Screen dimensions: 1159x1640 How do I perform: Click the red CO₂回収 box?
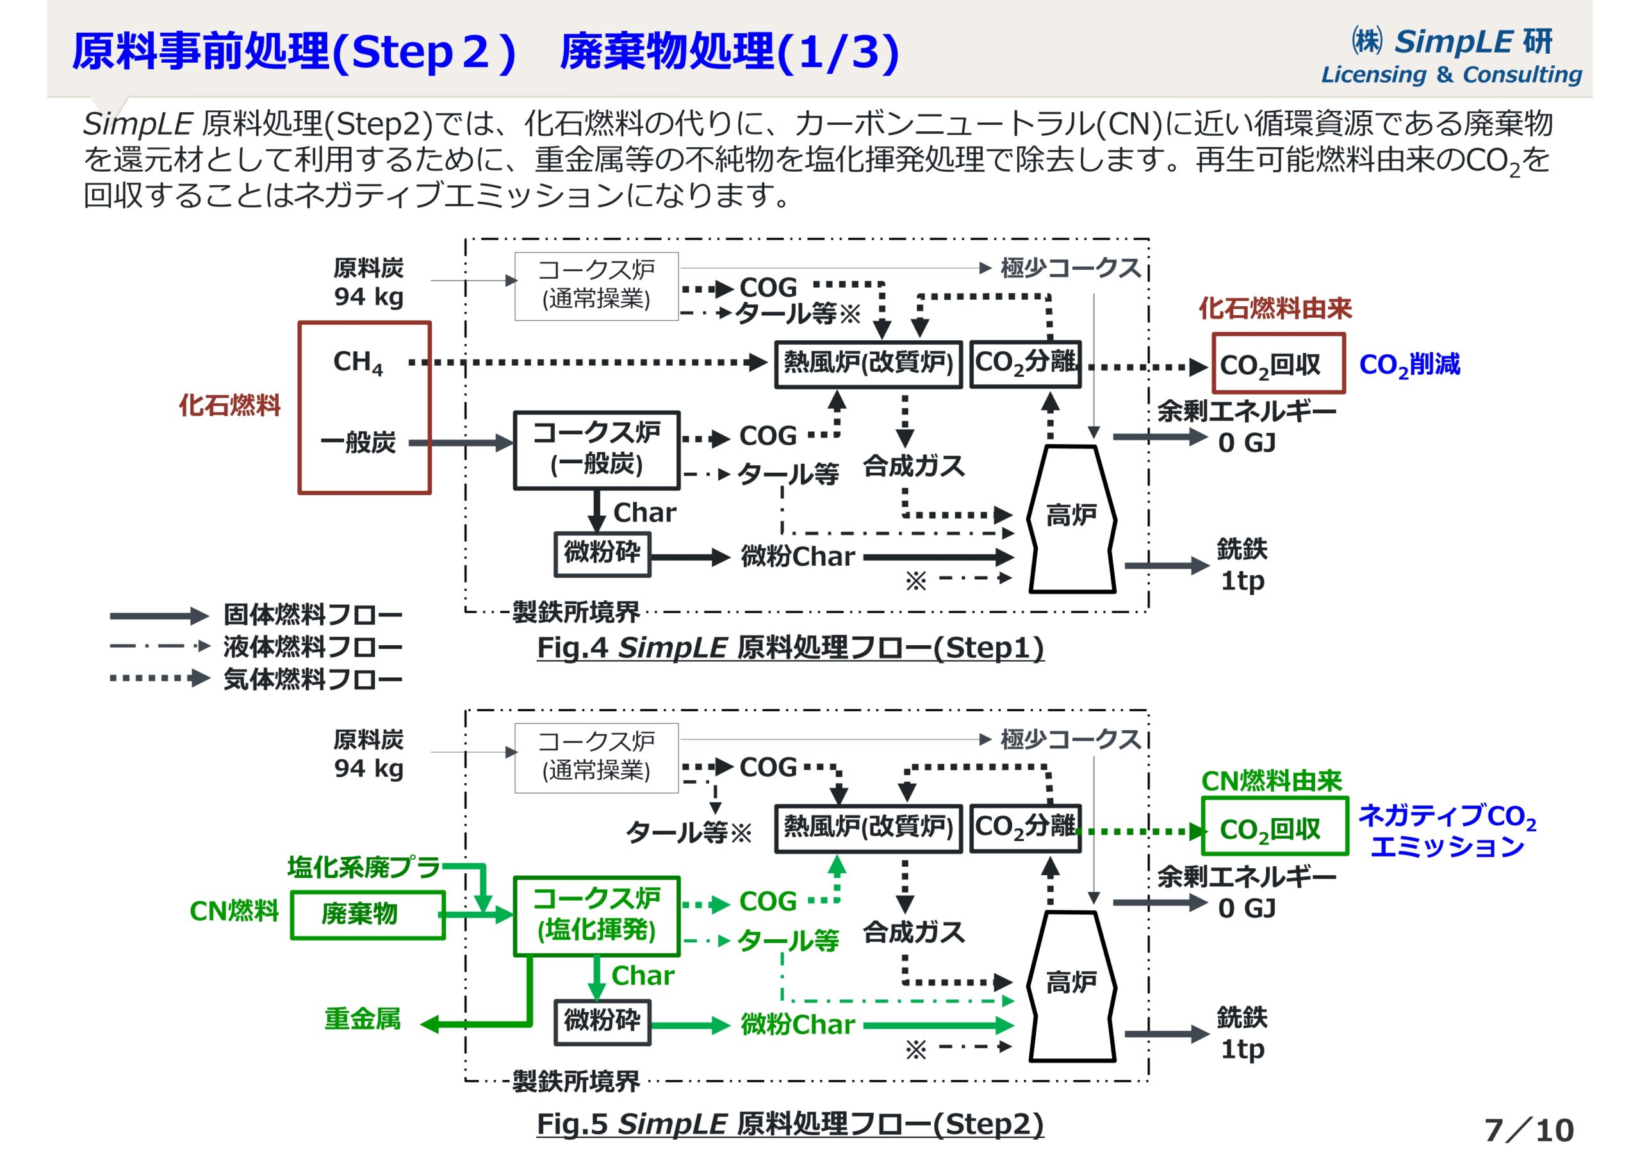point(1278,364)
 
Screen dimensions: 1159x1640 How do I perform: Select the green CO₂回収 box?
point(1274,826)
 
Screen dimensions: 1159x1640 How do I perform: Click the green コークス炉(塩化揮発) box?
point(596,916)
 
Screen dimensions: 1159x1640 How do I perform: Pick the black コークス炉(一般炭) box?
point(596,450)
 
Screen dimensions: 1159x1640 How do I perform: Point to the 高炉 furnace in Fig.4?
point(1070,518)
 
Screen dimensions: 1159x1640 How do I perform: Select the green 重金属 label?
point(362,1019)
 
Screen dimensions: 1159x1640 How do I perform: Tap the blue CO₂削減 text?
point(1409,365)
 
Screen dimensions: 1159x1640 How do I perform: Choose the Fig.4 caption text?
point(790,648)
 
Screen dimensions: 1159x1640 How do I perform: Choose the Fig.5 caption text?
point(790,1124)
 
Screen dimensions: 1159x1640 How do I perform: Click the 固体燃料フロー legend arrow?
point(159,615)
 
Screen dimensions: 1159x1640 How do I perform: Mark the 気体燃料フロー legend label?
point(313,679)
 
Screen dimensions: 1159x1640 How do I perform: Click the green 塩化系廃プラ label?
point(364,867)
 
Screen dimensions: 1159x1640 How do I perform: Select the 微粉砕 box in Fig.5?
point(602,1022)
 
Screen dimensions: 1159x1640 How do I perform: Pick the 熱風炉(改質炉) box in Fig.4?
point(868,364)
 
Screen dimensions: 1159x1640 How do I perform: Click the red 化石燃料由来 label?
point(1275,309)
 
